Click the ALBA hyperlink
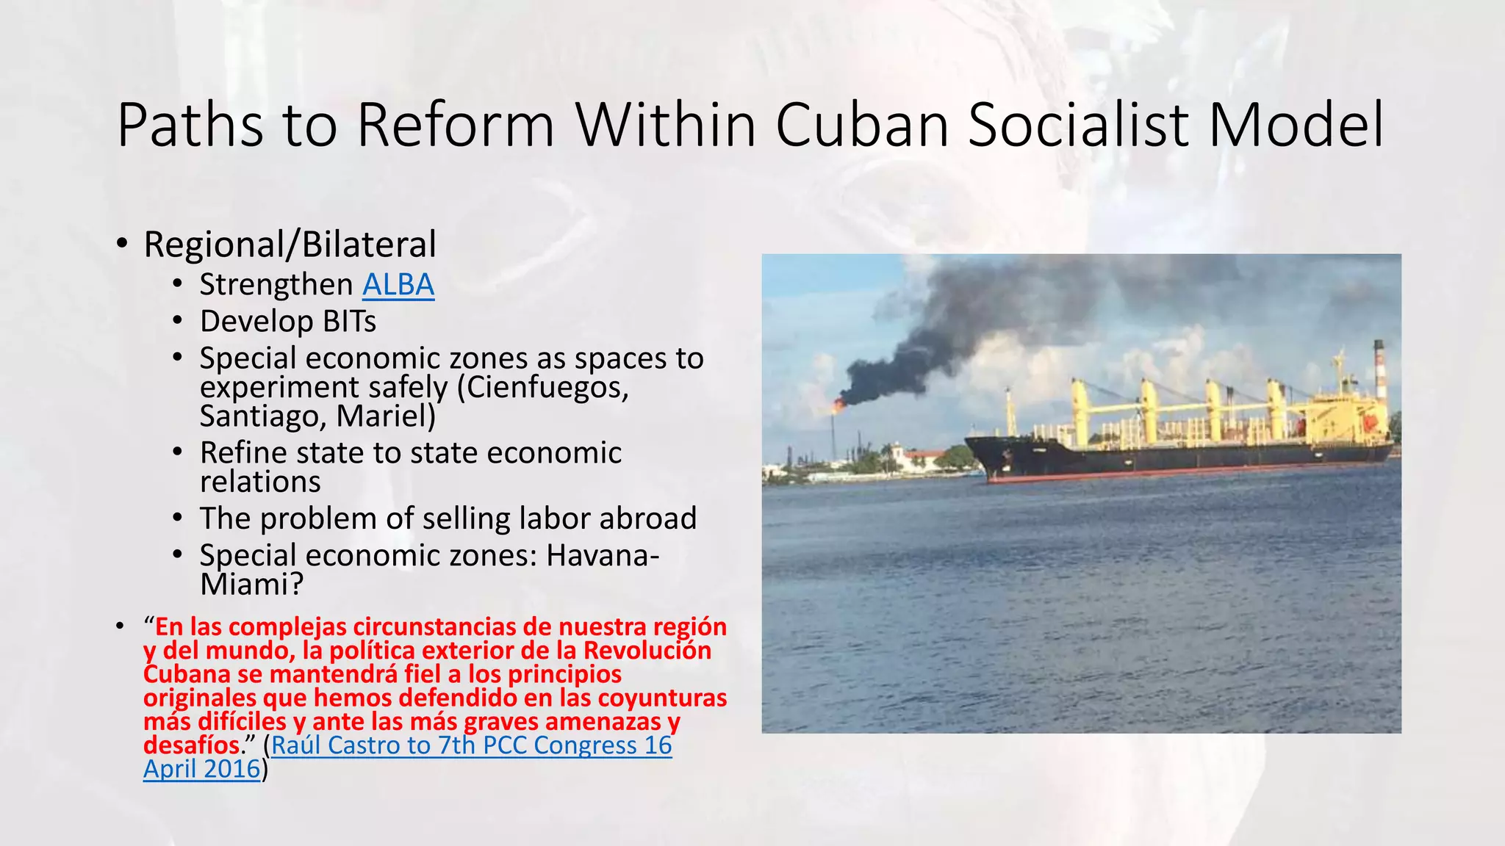(398, 285)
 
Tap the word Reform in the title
(455, 125)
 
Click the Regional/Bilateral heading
(290, 245)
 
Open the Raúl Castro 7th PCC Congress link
(471, 745)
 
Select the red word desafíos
(192, 745)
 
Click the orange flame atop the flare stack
(837, 404)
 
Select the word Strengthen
(276, 285)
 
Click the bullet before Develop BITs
(177, 321)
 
